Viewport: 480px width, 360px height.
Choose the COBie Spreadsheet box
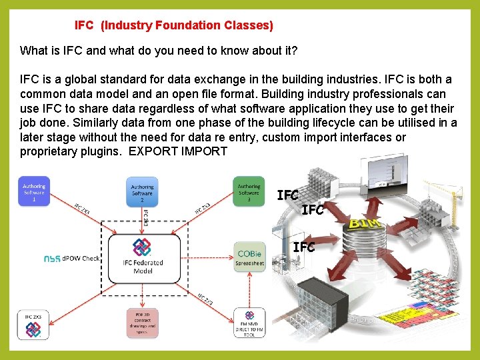point(249,255)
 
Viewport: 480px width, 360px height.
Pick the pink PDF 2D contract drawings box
point(142,323)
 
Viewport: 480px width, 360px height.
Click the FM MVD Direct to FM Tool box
point(249,323)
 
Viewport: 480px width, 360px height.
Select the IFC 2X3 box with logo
point(33,323)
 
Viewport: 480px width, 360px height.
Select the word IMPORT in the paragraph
point(205,151)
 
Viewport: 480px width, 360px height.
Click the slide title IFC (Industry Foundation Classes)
point(173,25)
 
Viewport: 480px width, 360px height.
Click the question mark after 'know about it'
point(294,51)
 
